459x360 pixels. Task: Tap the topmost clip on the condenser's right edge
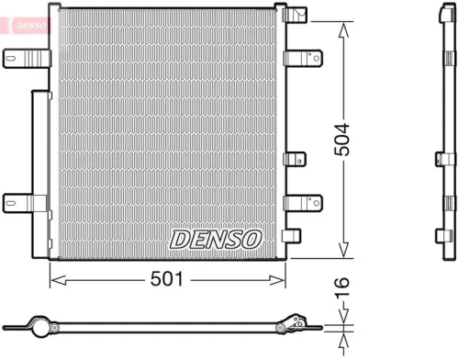pos(295,16)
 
